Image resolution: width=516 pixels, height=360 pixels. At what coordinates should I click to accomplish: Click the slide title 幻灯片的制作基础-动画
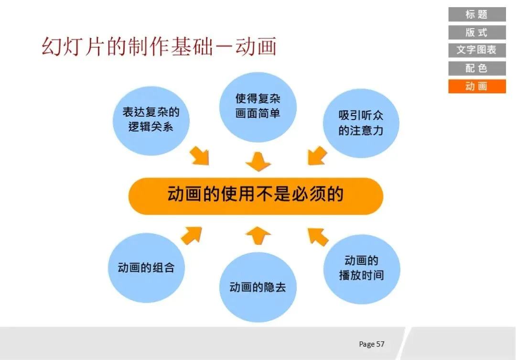(159, 47)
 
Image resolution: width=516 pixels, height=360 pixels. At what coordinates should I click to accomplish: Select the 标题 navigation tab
(476, 14)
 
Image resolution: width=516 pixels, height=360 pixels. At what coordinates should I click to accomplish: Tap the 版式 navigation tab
(476, 33)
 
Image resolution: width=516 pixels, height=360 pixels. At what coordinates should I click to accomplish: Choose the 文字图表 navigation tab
(476, 50)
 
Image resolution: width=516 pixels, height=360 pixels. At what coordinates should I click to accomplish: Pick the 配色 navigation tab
(476, 68)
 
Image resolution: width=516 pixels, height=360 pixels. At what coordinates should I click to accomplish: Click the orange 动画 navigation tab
(476, 87)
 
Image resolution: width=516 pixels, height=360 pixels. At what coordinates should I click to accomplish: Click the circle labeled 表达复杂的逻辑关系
(151, 120)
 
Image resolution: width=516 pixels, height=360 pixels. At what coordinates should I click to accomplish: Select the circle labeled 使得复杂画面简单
(258, 106)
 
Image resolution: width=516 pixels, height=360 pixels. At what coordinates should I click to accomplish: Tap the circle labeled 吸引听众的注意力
(361, 123)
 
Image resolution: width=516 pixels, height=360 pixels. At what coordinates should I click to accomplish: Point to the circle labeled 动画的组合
(146, 268)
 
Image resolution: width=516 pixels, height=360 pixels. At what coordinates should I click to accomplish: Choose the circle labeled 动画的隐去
(258, 287)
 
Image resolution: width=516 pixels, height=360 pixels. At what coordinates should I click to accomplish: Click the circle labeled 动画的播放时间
(361, 268)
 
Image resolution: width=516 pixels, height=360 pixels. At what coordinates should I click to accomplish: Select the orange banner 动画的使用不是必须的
(256, 196)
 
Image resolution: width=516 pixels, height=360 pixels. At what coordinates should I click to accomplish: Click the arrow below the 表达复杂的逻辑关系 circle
(200, 156)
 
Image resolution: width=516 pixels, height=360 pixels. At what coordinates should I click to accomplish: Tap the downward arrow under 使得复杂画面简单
(258, 162)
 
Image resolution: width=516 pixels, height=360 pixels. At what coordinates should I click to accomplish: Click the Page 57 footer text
(372, 344)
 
